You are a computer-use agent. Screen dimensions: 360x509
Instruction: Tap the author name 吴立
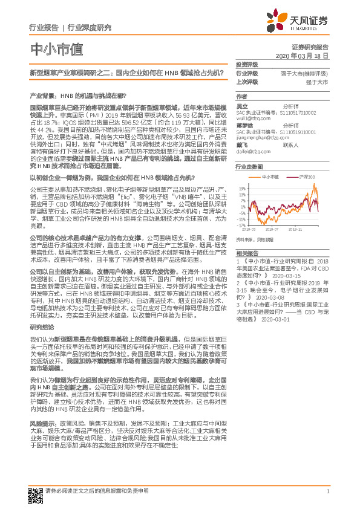(241, 105)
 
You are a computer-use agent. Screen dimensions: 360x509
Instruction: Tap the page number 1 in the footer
(327, 491)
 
